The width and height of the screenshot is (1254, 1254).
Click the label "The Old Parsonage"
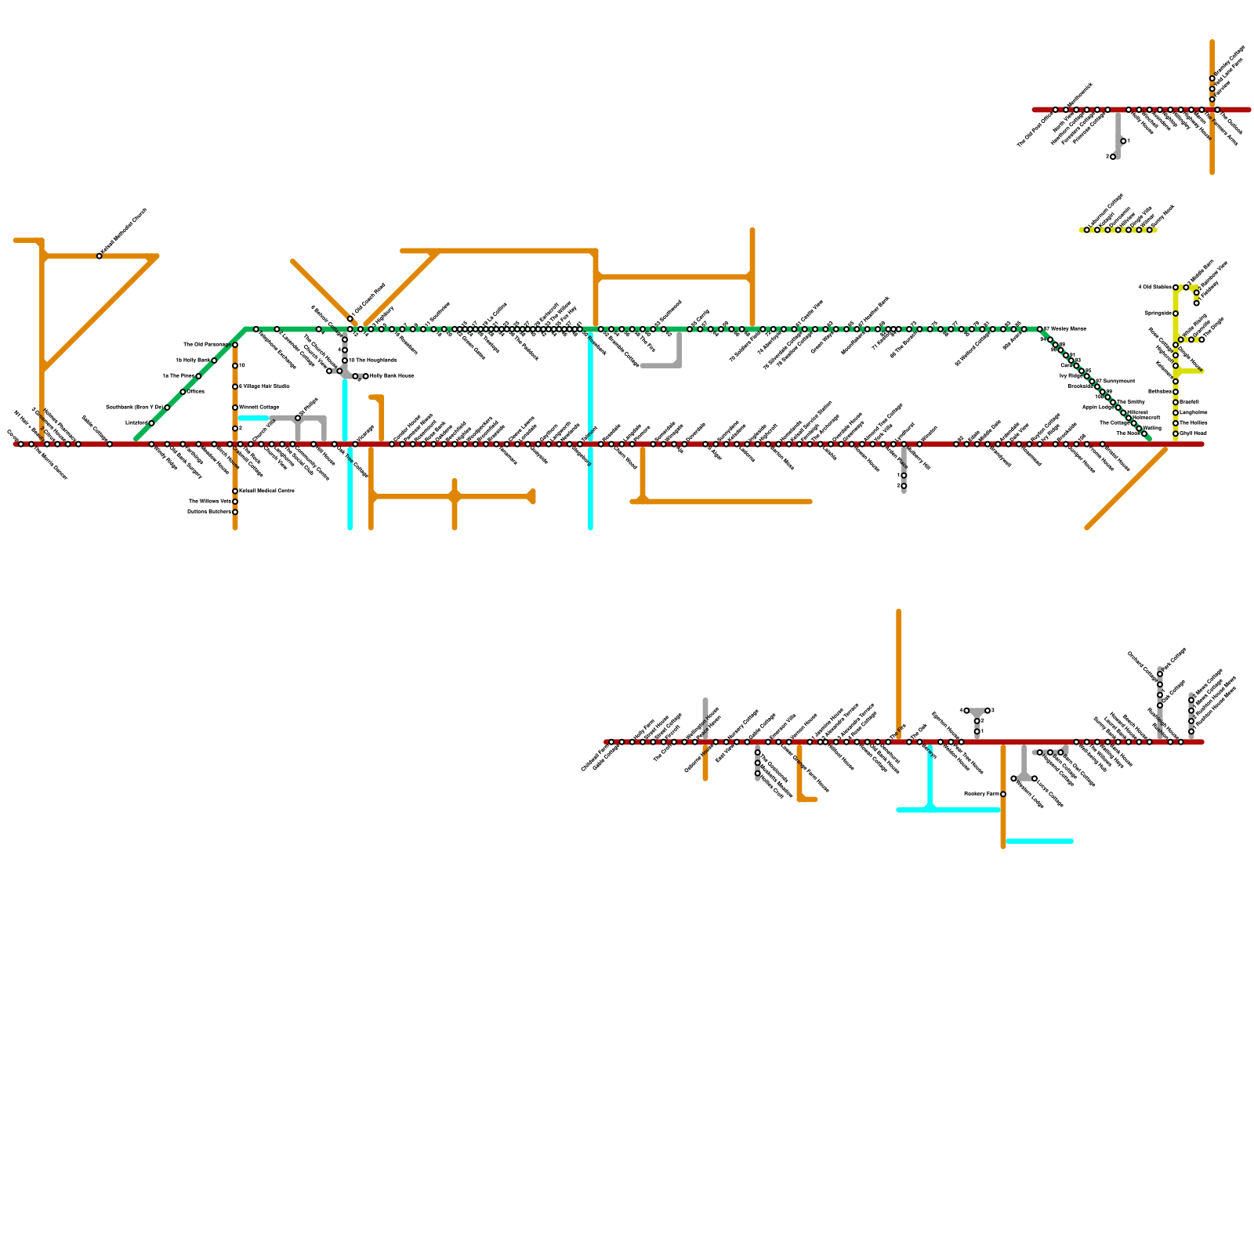pos(206,344)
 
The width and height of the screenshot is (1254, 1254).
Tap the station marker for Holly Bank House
pos(365,376)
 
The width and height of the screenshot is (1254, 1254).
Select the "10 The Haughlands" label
pos(373,361)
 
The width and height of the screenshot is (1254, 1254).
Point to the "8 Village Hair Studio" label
pos(264,386)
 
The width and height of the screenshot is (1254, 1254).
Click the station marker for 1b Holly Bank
pos(214,361)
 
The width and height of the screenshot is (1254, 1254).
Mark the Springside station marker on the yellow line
pos(1176,313)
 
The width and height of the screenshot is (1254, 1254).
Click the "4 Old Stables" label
pos(1154,288)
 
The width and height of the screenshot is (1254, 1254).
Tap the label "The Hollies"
pos(1193,422)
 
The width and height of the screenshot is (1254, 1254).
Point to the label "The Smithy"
pos(1130,401)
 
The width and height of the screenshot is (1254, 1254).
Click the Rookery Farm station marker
pos(1003,795)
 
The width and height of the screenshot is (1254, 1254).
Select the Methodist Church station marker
pos(99,256)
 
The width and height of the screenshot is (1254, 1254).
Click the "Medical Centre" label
pos(266,491)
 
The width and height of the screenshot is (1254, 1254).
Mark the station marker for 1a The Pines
pos(198,376)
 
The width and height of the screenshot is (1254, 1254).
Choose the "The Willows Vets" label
pos(209,501)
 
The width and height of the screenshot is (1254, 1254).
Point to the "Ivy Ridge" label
pos(1071,376)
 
